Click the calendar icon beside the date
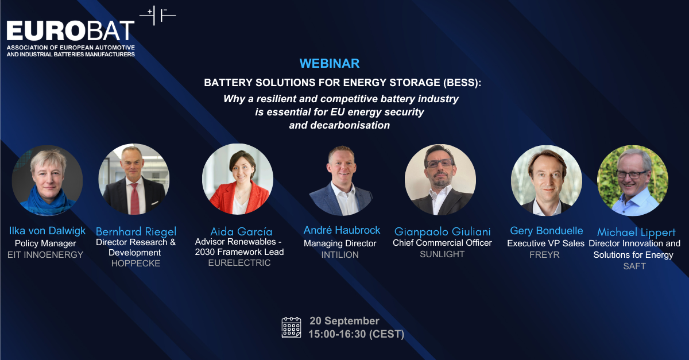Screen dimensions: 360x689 292,327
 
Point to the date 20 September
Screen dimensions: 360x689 344,320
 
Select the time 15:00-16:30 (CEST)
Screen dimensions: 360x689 356,334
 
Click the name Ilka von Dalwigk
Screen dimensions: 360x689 47,231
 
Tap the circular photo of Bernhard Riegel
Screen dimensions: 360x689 134,179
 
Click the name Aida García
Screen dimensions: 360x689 237,231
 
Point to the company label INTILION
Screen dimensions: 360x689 342,254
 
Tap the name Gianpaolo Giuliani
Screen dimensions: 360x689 442,231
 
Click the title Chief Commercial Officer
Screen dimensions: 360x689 442,243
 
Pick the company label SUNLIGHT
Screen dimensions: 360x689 442,254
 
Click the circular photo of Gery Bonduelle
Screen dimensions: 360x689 547,179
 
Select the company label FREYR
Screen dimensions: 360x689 546,254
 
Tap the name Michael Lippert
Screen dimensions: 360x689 636,233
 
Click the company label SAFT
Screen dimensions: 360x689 634,266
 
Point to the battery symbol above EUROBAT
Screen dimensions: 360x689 158,16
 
